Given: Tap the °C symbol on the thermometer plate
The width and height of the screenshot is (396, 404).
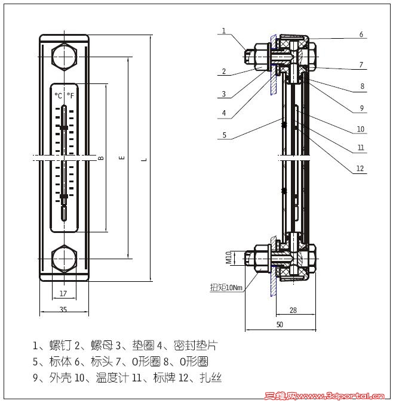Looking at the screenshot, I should pos(58,95).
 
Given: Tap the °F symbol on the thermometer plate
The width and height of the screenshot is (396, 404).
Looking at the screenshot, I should pos(70,95).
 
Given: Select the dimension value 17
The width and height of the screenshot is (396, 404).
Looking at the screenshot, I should pos(64,293).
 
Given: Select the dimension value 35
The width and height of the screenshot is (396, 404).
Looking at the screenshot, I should pos(64,309).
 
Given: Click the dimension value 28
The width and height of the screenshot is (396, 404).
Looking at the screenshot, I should pos(293,310).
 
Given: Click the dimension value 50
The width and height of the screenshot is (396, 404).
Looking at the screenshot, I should pos(280,325).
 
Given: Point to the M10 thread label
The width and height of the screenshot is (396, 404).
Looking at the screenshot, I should pos(229,257).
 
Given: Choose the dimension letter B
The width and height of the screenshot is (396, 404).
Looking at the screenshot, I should pos(100,158).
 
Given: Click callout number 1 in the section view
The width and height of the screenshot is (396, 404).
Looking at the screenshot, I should pos(223,30).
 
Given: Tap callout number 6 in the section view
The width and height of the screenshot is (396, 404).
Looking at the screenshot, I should pos(361,35).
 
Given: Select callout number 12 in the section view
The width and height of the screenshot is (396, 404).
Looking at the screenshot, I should pos(360,169).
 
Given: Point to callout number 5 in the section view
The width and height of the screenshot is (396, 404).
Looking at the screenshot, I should pos(223,135).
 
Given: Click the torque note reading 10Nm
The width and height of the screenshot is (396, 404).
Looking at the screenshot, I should pos(226,287).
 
